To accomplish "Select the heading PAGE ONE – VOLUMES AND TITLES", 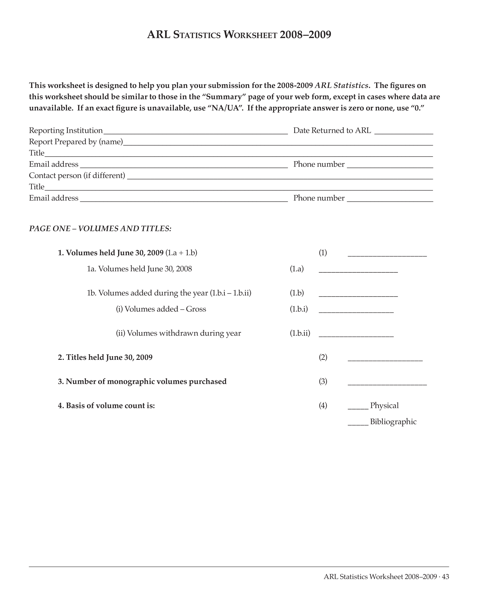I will pos(100,229).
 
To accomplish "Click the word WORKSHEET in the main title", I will pos(250,35).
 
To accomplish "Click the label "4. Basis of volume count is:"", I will pos(106,405).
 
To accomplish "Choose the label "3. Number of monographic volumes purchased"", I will pos(142,381).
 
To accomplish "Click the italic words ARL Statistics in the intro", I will pos(341,85).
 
